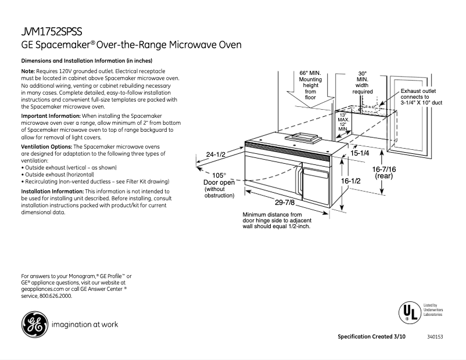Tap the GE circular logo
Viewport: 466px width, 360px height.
coord(34,325)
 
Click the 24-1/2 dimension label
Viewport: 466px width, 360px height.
coord(215,154)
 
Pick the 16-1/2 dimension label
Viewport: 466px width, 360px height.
coord(351,181)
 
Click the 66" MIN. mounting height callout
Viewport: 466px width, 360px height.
coord(310,85)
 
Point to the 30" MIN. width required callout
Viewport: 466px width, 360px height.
coord(362,82)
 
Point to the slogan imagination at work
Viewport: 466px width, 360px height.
coord(85,325)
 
